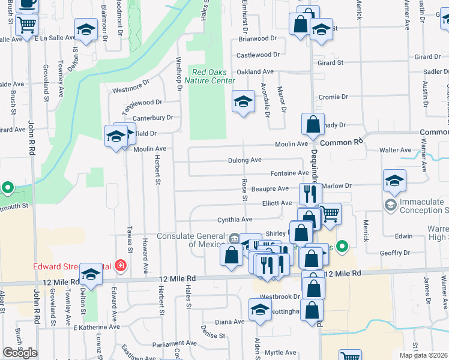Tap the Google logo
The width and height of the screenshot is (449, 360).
[x=19, y=353]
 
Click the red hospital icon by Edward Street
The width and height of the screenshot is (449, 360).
[x=121, y=265]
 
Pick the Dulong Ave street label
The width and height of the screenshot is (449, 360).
[x=245, y=160]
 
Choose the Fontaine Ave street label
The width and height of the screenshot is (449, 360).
[x=289, y=173]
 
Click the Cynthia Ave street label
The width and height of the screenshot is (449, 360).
[x=235, y=220]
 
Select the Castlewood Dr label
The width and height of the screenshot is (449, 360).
[x=258, y=55]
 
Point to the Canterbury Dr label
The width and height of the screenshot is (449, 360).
[x=152, y=118]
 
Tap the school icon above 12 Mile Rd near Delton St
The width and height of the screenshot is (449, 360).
[x=91, y=274]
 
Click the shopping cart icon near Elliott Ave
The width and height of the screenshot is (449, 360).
[x=330, y=213]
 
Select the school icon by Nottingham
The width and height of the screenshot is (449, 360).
[x=260, y=310]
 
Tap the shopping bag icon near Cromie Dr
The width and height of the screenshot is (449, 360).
[x=313, y=125]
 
